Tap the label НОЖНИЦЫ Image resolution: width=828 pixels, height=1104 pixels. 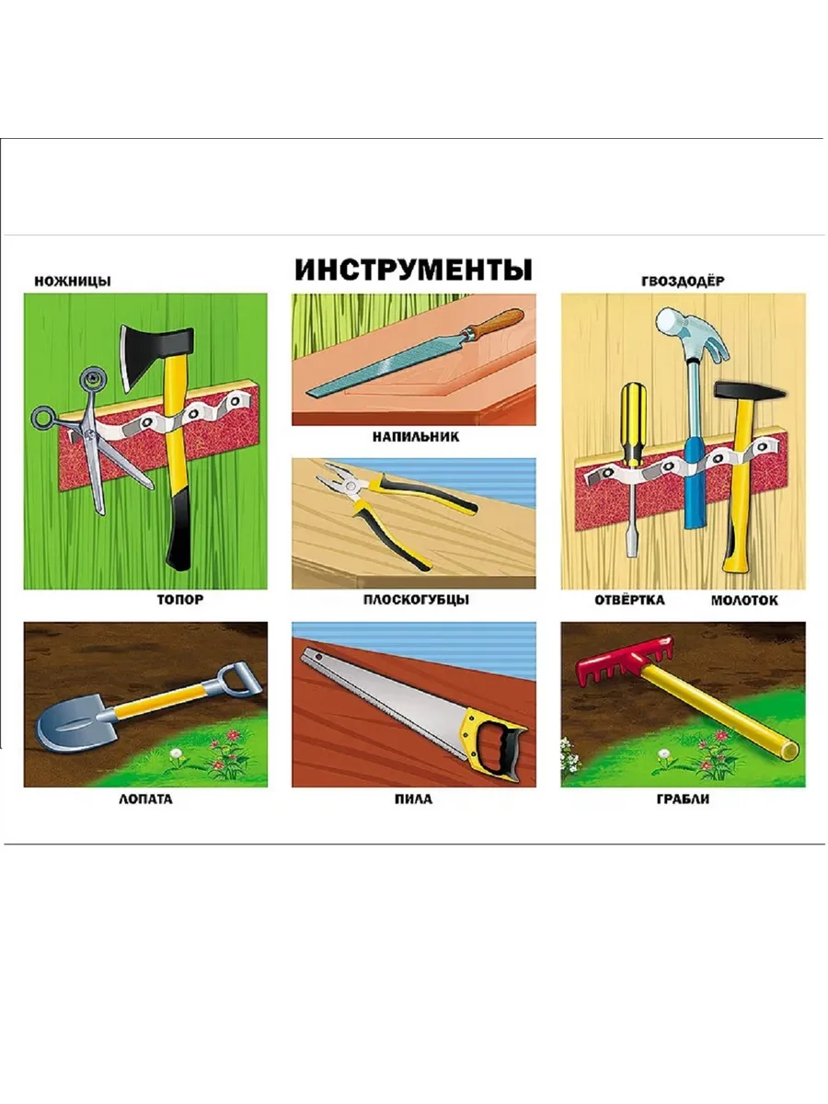coord(73,282)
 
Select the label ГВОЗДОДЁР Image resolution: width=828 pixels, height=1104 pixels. coord(683,282)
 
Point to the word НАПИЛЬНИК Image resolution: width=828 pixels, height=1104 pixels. coord(416,436)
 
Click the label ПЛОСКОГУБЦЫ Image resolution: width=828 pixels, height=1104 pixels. coord(416,600)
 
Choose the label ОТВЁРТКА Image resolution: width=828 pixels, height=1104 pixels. coord(629,600)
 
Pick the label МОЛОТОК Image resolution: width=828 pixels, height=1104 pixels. coord(744,601)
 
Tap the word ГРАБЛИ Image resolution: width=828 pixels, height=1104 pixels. coord(683,799)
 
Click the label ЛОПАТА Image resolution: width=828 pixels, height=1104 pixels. coord(145,799)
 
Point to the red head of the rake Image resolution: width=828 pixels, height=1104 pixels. coord(624,660)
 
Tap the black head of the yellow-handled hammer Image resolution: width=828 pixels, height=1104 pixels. coord(749,390)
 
